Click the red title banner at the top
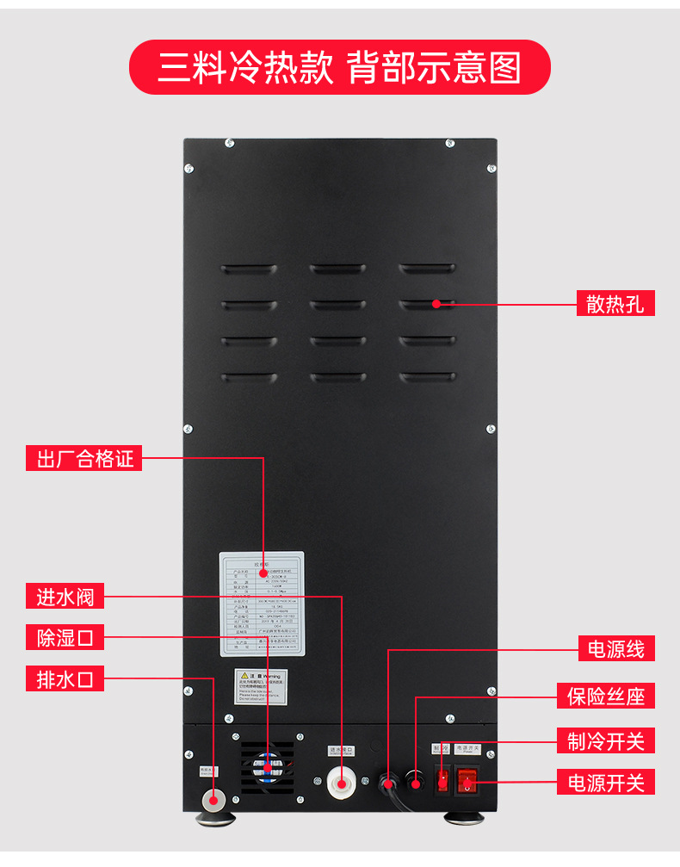pos(339,67)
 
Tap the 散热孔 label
pos(615,303)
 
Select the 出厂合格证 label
pos(83,459)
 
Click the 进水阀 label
pos(65,595)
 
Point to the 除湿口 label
pos(65,637)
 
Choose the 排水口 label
pos(65,678)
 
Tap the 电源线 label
pos(615,648)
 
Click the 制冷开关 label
pos(605,740)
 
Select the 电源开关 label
pos(605,783)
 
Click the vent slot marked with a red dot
pos(427,303)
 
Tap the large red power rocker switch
pos(467,780)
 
